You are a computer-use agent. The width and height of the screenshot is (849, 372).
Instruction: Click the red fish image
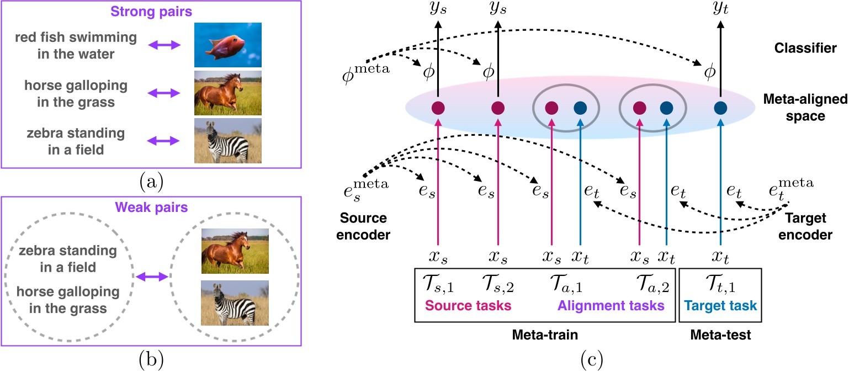pyautogui.click(x=227, y=45)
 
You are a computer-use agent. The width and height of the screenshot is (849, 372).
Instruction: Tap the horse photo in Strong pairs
pyautogui.click(x=227, y=92)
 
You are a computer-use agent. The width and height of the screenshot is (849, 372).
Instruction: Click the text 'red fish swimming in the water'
pyautogui.click(x=76, y=45)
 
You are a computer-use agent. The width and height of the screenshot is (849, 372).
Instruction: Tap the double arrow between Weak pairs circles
pyautogui.click(x=151, y=276)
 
